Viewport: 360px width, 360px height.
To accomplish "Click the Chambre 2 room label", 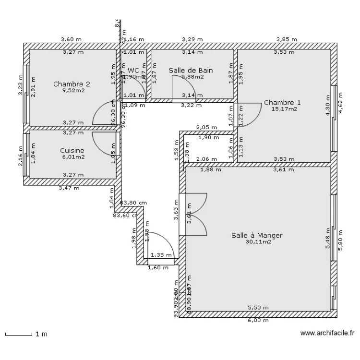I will pyautogui.click(x=72, y=84).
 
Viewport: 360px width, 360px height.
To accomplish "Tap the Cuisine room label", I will pyautogui.click(x=72, y=150).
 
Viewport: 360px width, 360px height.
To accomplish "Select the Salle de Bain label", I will pyautogui.click(x=191, y=70).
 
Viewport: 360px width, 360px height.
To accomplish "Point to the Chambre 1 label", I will pyautogui.click(x=283, y=102).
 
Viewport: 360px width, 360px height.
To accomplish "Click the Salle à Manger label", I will pyautogui.click(x=257, y=235).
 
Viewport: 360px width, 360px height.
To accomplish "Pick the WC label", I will pyautogui.click(x=133, y=70).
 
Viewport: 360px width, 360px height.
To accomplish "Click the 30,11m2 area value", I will pyautogui.click(x=258, y=242).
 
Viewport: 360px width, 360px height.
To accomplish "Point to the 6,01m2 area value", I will pyautogui.click(x=73, y=156).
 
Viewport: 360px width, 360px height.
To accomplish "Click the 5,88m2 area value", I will pyautogui.click(x=192, y=76).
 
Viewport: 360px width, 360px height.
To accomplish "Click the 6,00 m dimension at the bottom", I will pyautogui.click(x=258, y=321).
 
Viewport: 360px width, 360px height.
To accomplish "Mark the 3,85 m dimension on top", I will pyautogui.click(x=287, y=39).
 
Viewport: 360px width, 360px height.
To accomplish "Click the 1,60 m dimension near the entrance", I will pyautogui.click(x=157, y=268).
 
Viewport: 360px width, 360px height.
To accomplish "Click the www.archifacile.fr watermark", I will pyautogui.click(x=327, y=333).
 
